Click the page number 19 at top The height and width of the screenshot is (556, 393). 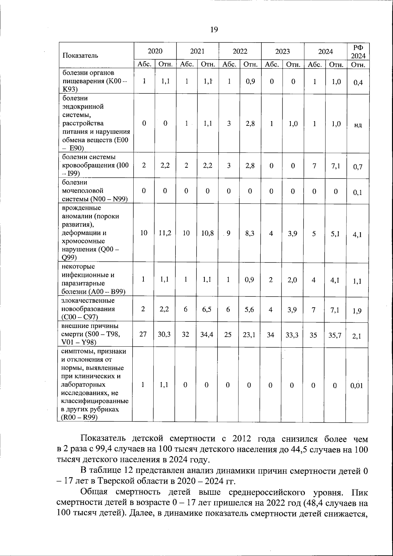214,30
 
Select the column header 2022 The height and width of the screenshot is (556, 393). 240,51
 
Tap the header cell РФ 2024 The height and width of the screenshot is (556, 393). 358,52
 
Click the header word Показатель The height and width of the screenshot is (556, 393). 80,55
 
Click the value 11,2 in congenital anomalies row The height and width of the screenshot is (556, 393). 165,233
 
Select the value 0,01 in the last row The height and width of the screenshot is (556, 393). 357,386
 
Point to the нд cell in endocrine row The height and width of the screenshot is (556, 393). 358,125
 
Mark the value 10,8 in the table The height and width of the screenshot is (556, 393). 207,233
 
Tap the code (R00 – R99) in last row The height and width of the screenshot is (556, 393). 80,417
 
